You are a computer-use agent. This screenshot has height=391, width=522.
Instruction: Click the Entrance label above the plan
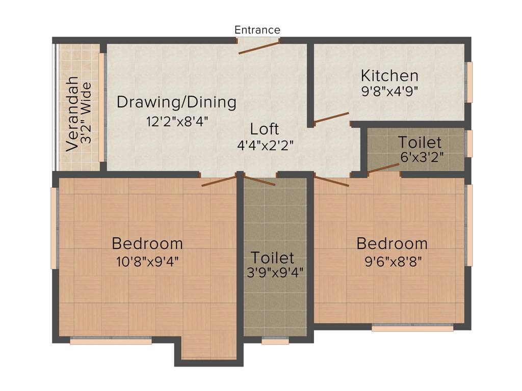tap(257, 30)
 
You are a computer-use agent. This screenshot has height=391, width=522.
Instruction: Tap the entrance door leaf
tap(259, 47)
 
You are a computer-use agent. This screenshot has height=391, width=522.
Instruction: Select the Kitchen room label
tap(389, 76)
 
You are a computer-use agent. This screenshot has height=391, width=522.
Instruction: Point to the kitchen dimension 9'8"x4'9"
tap(389, 92)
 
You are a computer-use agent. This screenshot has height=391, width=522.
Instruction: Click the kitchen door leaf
tap(331, 118)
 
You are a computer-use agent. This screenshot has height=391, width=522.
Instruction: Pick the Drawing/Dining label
tap(176, 102)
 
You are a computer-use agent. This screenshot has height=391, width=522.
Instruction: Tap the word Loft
tap(265, 129)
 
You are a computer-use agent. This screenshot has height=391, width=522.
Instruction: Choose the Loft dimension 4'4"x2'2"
tap(265, 145)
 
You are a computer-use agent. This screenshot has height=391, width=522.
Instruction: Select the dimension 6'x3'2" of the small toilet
tap(422, 157)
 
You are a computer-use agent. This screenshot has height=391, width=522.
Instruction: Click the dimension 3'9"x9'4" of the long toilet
tap(274, 272)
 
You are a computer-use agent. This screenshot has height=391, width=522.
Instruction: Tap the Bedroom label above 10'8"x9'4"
tap(147, 243)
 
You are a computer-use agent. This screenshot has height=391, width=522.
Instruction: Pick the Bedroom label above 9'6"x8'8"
tap(391, 243)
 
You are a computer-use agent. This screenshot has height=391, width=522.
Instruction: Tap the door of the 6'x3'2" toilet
tap(384, 168)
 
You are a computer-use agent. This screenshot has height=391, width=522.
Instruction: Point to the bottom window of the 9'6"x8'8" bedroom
tap(412, 329)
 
